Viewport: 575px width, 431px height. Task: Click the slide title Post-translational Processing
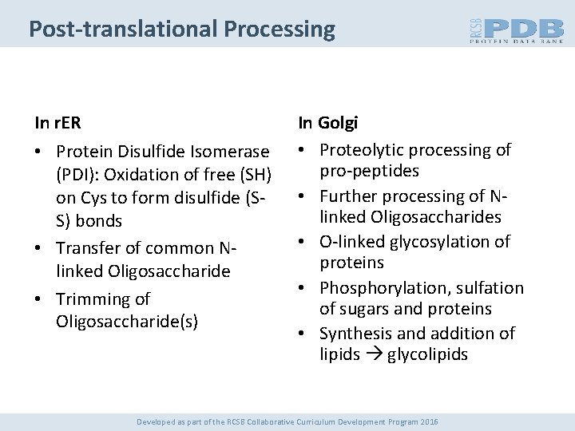click(181, 30)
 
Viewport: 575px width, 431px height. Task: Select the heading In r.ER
click(57, 123)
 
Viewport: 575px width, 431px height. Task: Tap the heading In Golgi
click(328, 123)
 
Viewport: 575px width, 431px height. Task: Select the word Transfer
click(89, 248)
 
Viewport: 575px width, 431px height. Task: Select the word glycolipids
click(429, 355)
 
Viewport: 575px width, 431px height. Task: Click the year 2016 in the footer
click(429, 421)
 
